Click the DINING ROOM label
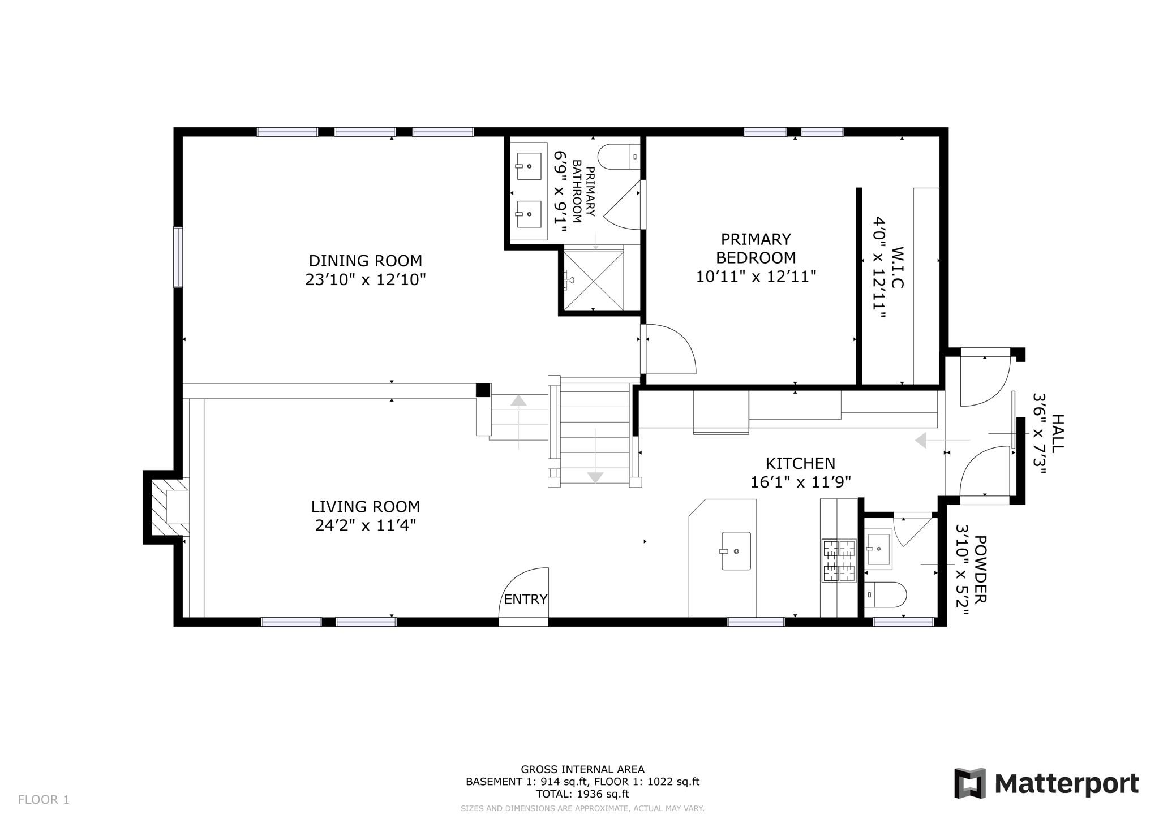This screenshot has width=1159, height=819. click(365, 261)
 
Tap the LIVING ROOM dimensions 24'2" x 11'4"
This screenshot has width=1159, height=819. click(365, 525)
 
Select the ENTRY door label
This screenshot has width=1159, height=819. click(526, 599)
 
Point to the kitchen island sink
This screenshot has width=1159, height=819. click(736, 550)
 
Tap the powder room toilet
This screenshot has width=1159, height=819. click(886, 594)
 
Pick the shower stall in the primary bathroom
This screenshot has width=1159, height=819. click(594, 279)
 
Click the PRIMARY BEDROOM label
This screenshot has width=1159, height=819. click(756, 248)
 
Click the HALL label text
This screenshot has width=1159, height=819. click(1057, 433)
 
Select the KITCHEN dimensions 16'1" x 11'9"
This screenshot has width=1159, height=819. click(800, 482)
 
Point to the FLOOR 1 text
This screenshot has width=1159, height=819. click(44, 799)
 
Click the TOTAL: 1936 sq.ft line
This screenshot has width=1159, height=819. click(582, 794)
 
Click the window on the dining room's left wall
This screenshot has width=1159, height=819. click(178, 257)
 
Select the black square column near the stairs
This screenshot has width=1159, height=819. click(483, 390)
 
